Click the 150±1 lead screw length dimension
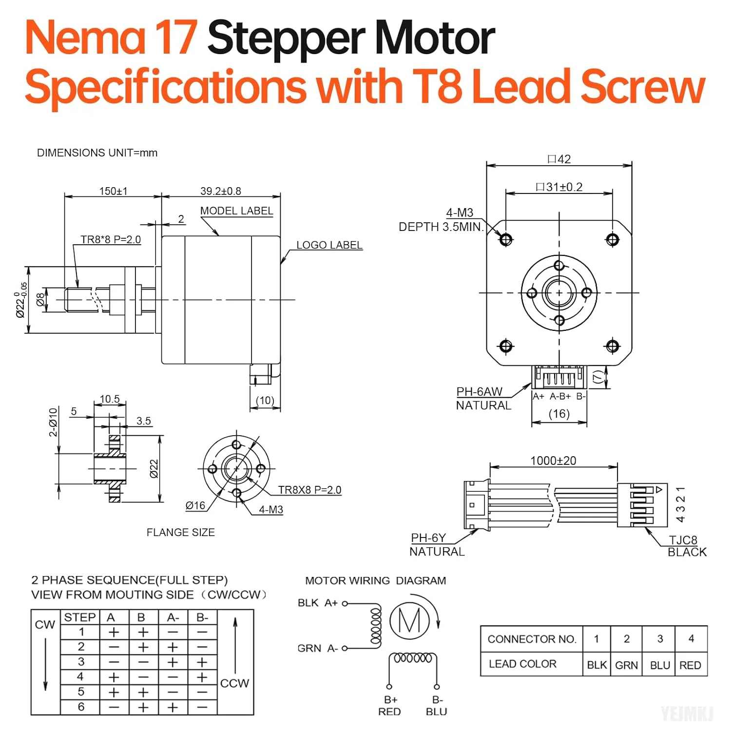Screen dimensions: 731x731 coord(113,191)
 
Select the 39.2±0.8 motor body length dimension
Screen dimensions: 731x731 coord(221,191)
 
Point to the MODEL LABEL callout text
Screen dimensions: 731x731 coord(237,211)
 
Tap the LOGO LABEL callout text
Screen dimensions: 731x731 coord(329,245)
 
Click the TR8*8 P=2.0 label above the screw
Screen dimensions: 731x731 coord(111,240)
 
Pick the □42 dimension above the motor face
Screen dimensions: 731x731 coord(559,159)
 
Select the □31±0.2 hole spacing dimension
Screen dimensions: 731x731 coord(559,187)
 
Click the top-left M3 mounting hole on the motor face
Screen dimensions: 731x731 coord(506,240)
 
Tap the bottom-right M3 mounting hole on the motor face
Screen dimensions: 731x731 coord(613,346)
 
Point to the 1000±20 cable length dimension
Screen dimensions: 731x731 coord(553,461)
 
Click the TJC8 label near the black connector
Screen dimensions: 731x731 coord(683,540)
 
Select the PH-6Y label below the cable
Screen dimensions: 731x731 coord(428,538)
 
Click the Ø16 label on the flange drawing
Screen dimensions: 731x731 coord(195,506)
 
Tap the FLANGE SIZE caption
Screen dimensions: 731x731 coord(181,533)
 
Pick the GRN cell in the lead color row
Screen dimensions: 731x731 coord(627,665)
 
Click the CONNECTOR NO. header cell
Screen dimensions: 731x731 coord(532,639)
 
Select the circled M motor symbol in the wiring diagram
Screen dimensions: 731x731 coord(409,621)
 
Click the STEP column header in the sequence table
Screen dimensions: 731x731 coord(80,617)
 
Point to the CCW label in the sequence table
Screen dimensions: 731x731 coord(234,683)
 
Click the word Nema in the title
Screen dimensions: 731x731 coord(85,38)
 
